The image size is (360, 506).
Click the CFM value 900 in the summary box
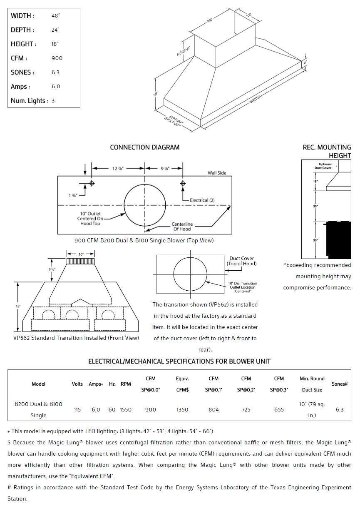pos(57,58)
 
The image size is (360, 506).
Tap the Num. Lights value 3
pos(53,101)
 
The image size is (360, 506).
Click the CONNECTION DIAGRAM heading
pos(144,147)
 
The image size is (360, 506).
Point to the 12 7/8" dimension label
pos(118,168)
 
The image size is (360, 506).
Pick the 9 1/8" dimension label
pos(165,168)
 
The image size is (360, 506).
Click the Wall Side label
pos(217,173)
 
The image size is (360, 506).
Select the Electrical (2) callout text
pos(202,200)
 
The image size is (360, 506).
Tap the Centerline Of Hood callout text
pos(182,227)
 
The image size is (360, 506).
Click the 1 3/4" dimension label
pos(73,195)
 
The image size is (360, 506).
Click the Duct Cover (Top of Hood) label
pos(241,261)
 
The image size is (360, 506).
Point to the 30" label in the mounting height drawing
pos(316,207)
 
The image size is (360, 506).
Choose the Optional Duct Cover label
pos(325,166)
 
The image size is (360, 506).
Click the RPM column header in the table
pos(126,384)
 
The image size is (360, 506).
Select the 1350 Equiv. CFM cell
pos(182,410)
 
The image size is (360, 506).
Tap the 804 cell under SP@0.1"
pos(214,410)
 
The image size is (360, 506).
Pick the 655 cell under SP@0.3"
pos(279,410)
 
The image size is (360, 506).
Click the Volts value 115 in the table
pos(77,410)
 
